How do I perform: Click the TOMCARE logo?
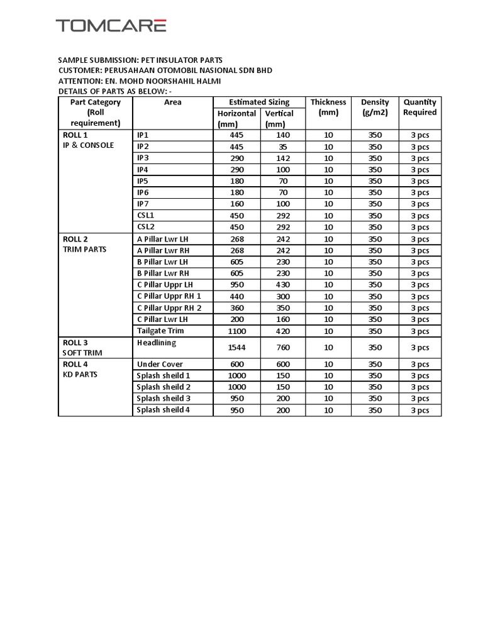tap(111, 26)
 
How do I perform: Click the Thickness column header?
tap(328, 107)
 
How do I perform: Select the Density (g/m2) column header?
tap(375, 107)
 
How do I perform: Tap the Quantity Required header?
tap(419, 107)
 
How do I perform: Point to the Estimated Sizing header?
tap(259, 102)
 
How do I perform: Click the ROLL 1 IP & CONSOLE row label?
tap(88, 140)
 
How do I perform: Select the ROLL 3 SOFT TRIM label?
tap(82, 348)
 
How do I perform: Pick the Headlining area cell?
tap(157, 343)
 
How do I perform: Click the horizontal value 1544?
tap(236, 348)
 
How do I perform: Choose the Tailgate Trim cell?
tap(161, 331)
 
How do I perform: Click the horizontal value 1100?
tap(236, 331)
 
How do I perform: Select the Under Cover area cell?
tap(160, 364)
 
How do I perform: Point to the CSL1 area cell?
tap(146, 216)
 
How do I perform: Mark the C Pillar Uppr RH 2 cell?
tap(169, 308)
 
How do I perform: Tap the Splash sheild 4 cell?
tap(164, 410)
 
